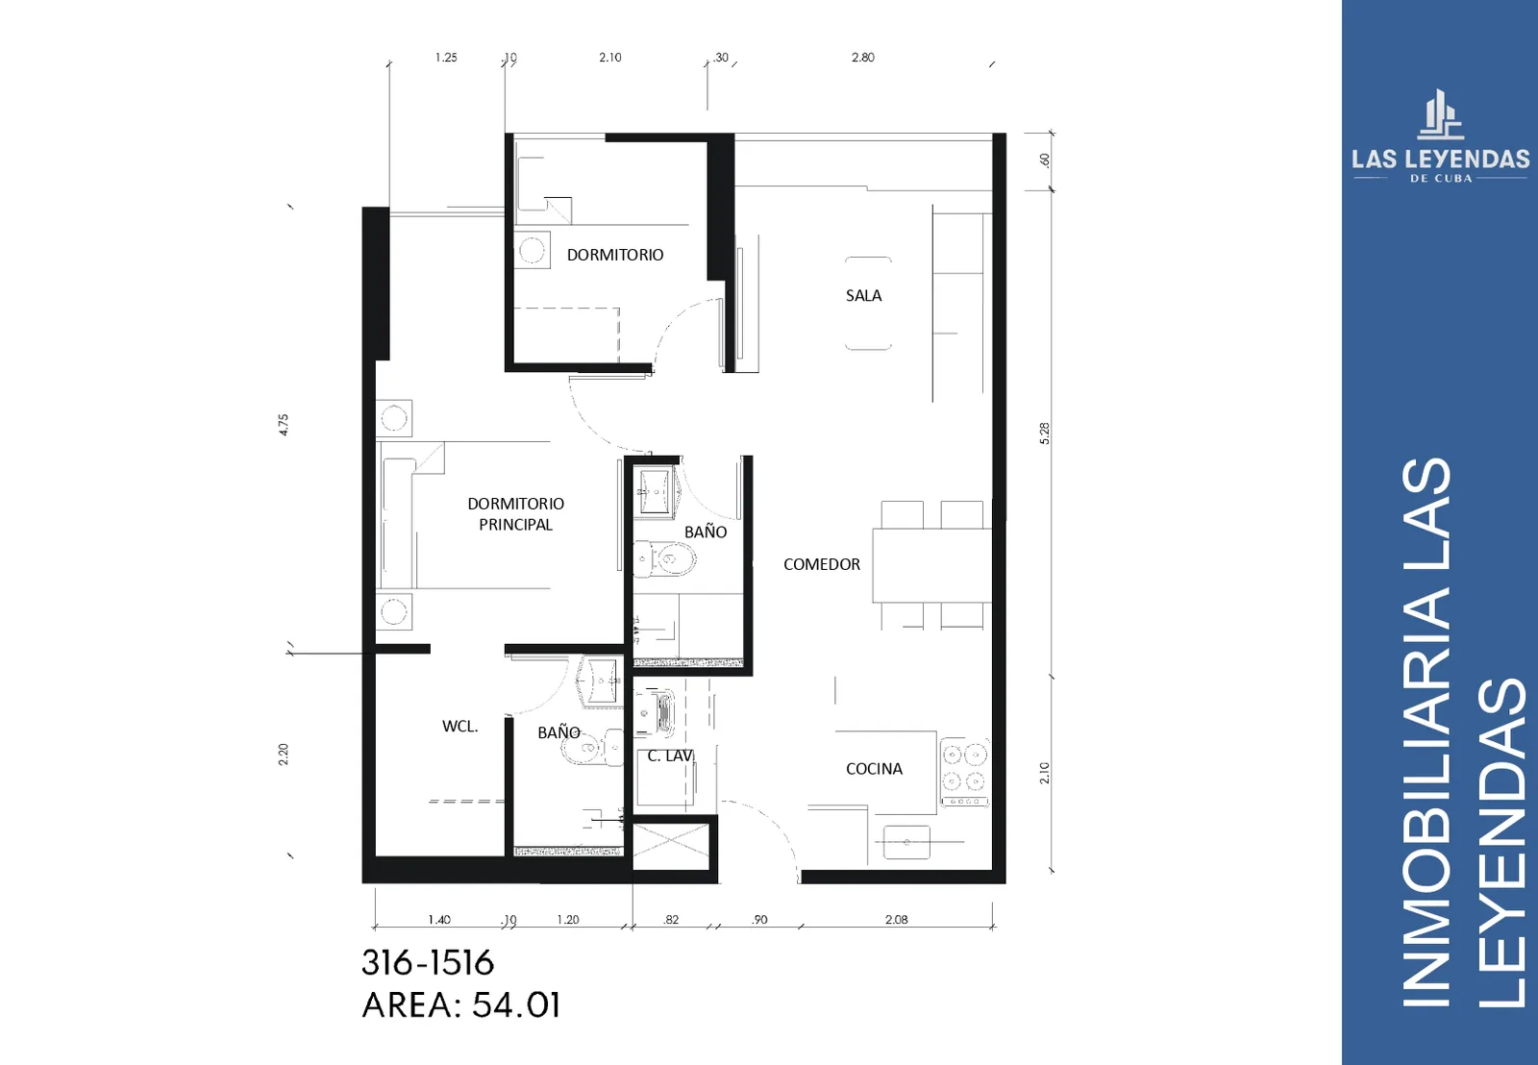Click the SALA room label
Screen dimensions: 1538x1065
coord(863,295)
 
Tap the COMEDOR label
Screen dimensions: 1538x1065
coord(821,564)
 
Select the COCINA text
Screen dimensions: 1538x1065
coord(874,768)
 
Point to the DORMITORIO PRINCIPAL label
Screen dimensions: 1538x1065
coord(515,513)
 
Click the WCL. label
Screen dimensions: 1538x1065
coord(460,726)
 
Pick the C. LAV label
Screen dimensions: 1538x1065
coord(670,755)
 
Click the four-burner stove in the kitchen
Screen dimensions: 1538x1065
coord(965,772)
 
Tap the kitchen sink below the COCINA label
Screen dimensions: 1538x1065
coord(906,842)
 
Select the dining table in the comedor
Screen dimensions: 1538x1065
coord(931,565)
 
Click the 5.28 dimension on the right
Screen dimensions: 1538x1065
coord(1044,433)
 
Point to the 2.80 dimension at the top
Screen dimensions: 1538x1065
coord(863,57)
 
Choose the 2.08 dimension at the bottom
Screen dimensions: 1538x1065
coord(896,920)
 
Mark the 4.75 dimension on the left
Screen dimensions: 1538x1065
coord(284,424)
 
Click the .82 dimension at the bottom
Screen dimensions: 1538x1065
coord(671,920)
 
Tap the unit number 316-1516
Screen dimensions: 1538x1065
coord(428,963)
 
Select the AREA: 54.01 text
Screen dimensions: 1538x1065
coord(461,1005)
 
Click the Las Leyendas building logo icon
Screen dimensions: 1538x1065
coord(1441,114)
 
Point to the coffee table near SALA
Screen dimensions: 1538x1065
coord(868,304)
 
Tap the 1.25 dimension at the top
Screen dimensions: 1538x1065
coord(446,57)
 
